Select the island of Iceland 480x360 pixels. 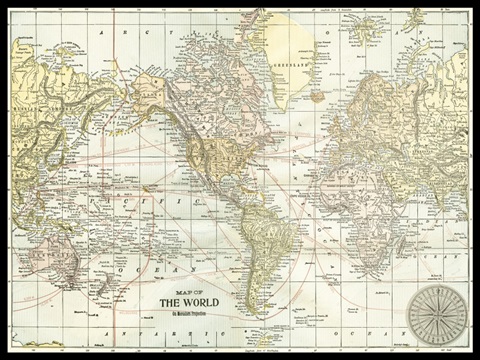pos(317,97)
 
